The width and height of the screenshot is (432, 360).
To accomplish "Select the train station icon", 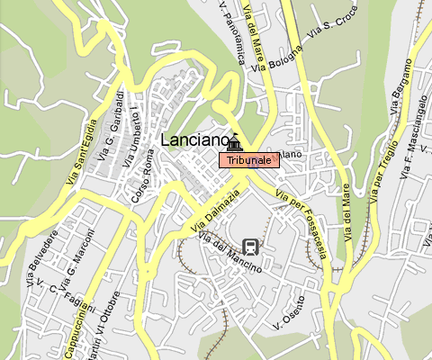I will pos(250,246).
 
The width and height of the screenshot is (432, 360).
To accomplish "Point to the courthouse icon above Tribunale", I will pos(235,142).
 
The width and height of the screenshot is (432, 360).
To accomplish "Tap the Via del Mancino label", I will pos(229,254).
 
